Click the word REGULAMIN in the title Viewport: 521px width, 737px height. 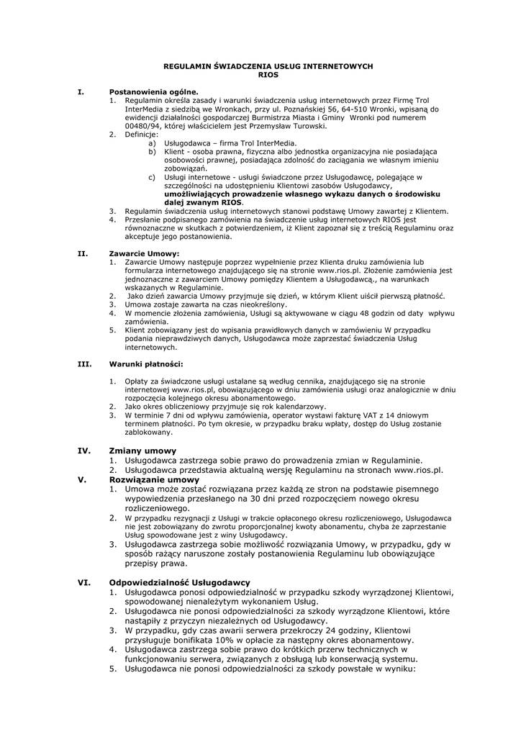click(185, 65)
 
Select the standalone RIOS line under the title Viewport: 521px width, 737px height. click(268, 74)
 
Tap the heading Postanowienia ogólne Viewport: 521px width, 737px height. click(153, 92)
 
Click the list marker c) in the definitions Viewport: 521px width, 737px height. click(152, 176)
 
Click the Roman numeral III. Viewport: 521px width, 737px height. click(83, 363)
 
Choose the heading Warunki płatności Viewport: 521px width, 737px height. click(145, 363)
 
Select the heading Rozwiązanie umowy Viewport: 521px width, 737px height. click(154, 479)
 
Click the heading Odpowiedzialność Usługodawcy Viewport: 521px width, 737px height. click(179, 582)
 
